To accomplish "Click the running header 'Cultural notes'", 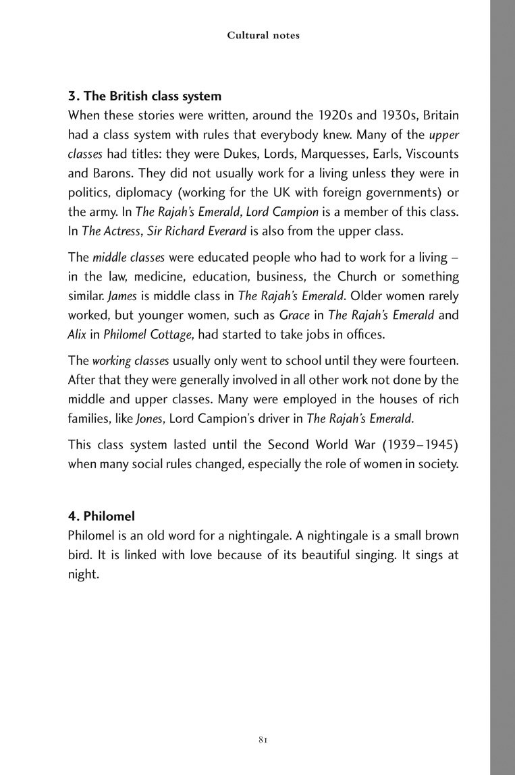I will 263,36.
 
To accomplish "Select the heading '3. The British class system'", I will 145,96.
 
